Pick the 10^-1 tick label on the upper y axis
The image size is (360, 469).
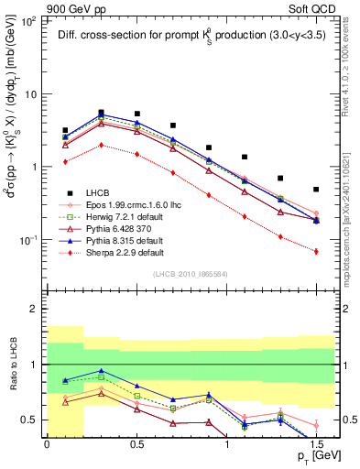28,240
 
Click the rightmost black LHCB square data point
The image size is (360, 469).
316,190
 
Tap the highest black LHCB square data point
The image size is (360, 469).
101,112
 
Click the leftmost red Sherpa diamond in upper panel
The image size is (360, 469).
65,161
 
